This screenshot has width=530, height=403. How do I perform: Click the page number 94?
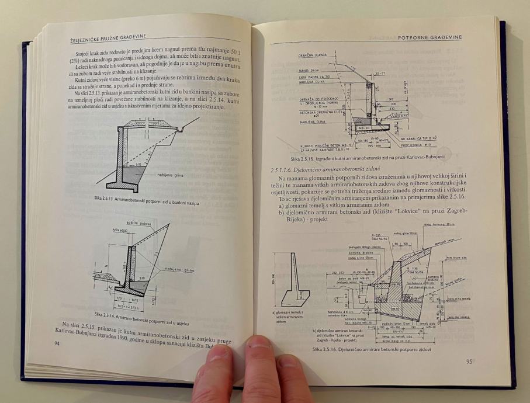point(57,344)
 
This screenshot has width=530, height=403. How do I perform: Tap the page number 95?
point(469,361)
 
